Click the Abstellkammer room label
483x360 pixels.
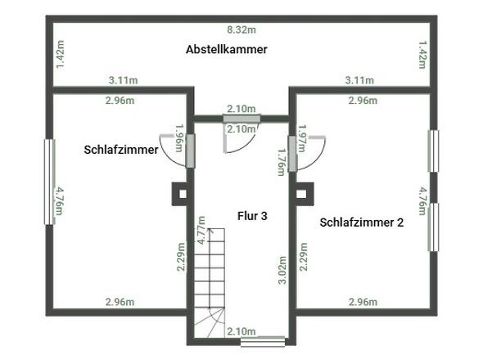click(x=227, y=50)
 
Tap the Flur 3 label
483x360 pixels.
click(x=253, y=216)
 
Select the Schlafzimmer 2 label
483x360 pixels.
click(x=362, y=222)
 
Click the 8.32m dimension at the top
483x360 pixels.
click(x=241, y=29)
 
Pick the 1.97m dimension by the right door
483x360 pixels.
click(x=301, y=139)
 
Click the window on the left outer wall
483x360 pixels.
click(x=49, y=181)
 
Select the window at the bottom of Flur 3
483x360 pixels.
click(x=269, y=342)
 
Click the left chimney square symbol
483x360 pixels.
click(x=180, y=194)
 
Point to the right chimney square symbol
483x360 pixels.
click(x=302, y=194)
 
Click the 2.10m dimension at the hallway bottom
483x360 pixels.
click(x=241, y=331)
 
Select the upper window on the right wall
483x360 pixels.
click(x=434, y=151)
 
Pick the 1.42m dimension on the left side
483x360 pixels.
click(x=60, y=55)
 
